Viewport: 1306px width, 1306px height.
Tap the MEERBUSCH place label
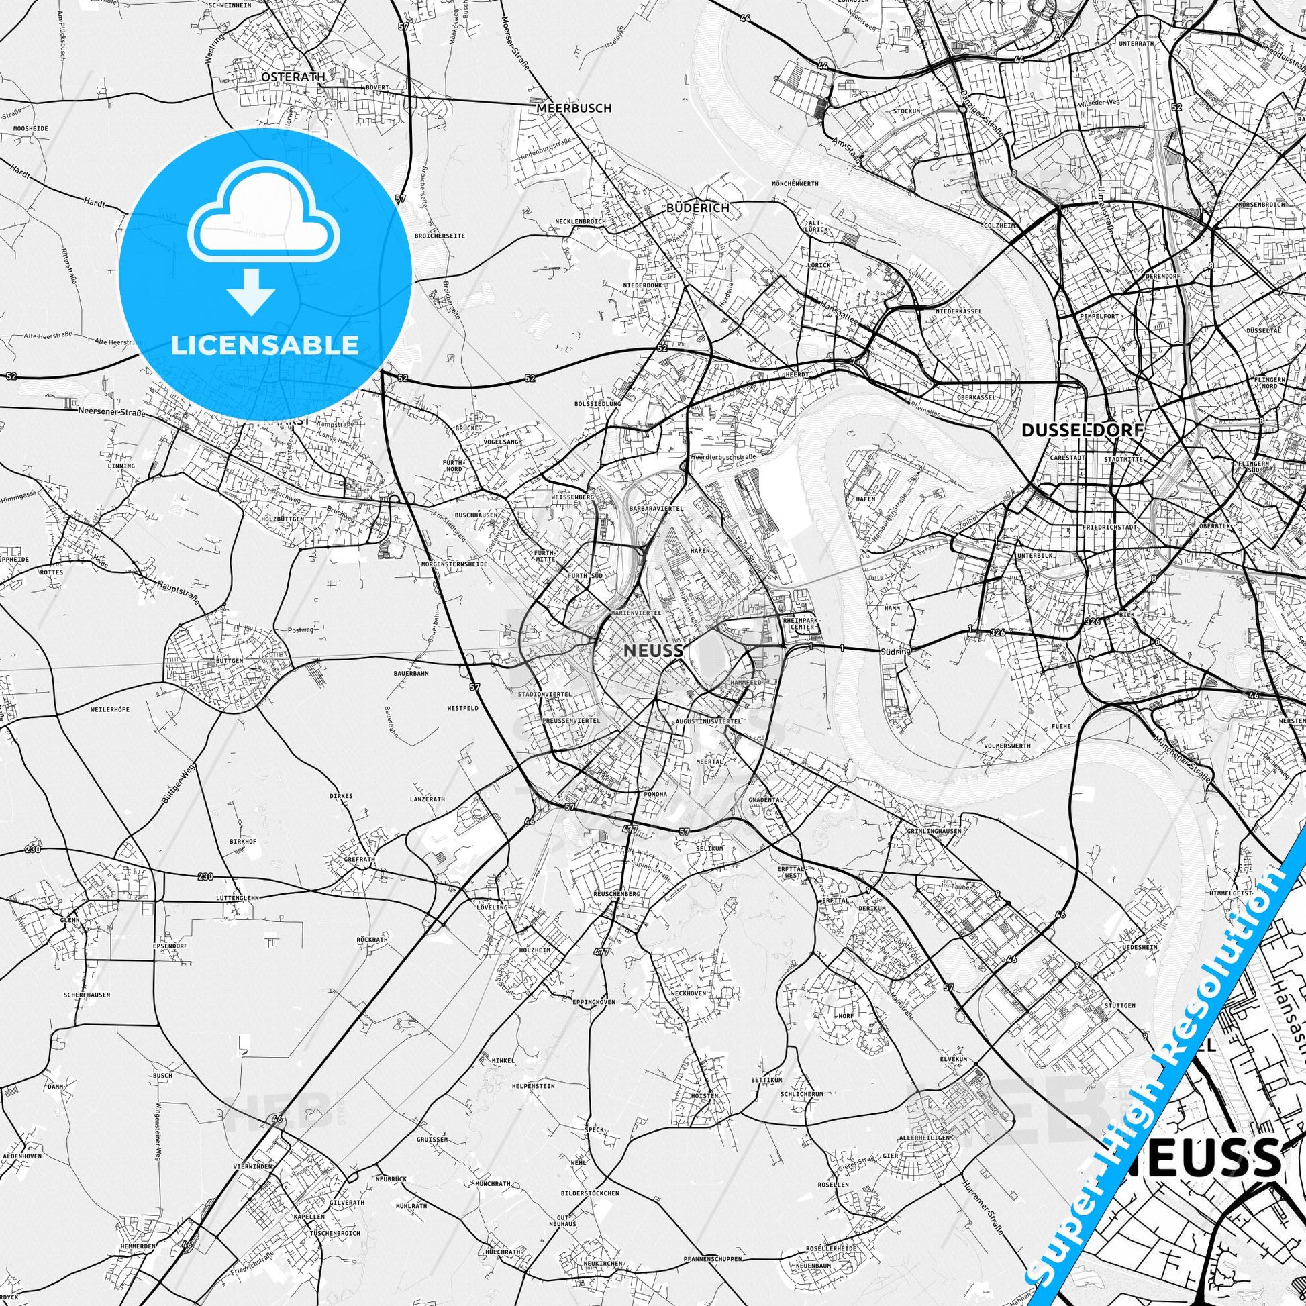point(573,108)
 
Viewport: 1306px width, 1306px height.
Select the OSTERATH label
point(293,77)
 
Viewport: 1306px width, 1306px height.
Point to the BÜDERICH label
point(697,208)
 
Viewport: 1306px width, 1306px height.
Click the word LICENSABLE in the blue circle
point(265,345)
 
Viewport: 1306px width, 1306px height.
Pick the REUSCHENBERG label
point(616,893)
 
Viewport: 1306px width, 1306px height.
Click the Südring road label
point(896,650)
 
